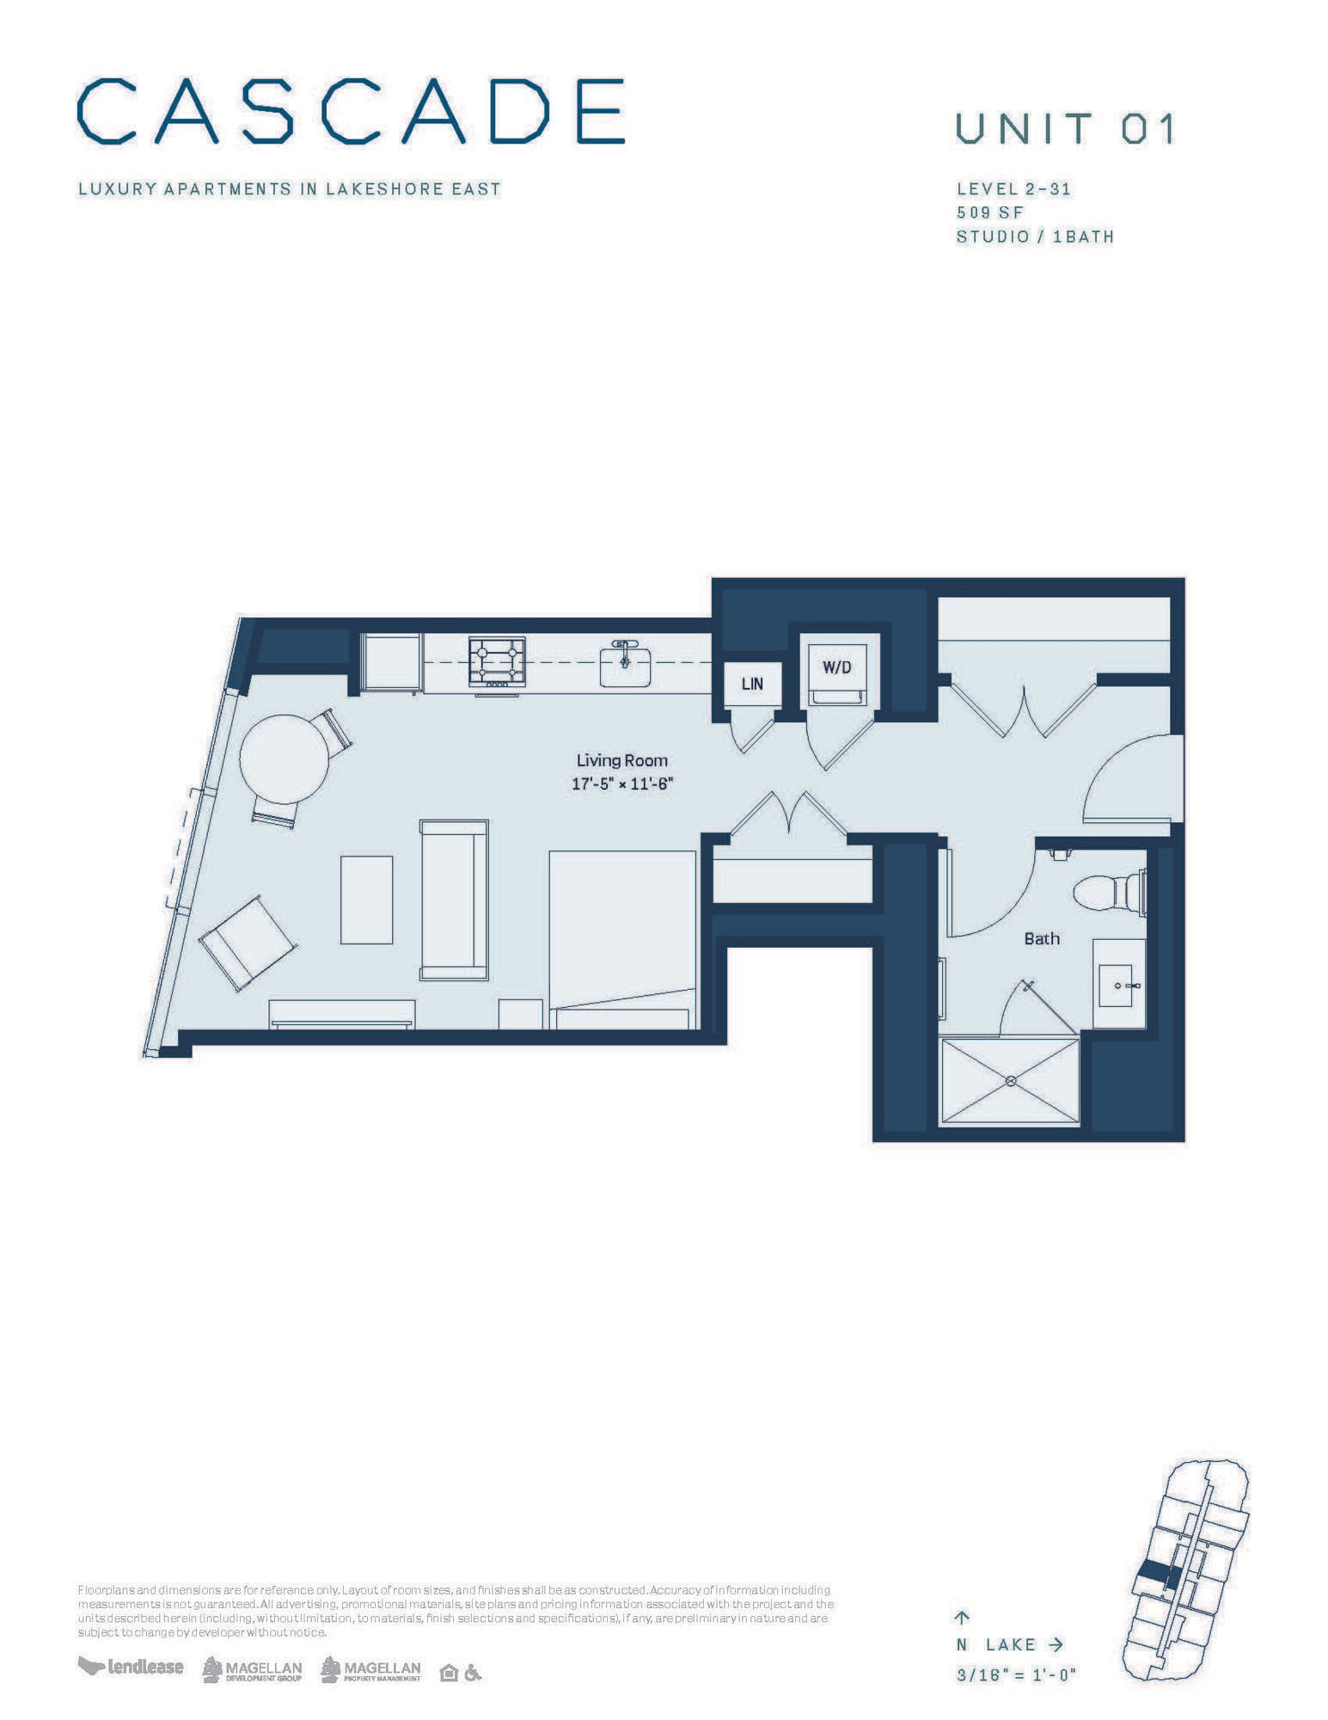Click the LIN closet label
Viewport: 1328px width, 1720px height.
(x=752, y=685)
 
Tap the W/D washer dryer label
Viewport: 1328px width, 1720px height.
(x=836, y=667)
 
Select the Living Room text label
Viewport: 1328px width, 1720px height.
(x=621, y=760)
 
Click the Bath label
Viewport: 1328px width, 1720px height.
(x=1041, y=939)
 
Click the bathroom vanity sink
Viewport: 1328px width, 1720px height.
(x=1117, y=985)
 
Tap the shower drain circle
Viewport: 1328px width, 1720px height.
(x=1011, y=1080)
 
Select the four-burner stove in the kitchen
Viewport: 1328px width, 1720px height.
(x=497, y=660)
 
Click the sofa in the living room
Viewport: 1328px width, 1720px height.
(x=454, y=900)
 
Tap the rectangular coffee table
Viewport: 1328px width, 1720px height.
(x=366, y=900)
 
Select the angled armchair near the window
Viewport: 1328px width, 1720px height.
(x=248, y=943)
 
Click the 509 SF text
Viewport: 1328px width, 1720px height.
(x=990, y=212)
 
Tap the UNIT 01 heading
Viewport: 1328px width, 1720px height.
(x=1064, y=129)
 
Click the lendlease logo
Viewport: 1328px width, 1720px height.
(x=131, y=1667)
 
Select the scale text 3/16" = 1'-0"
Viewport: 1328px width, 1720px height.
(x=1016, y=1675)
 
